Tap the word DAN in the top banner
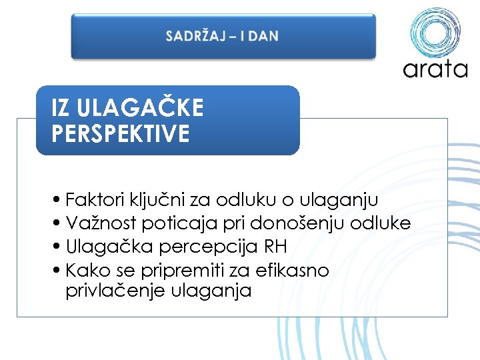264,36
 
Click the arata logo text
435,69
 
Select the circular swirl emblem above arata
435,31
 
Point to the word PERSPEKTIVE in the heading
120,133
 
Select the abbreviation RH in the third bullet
276,247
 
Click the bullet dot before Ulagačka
60,247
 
